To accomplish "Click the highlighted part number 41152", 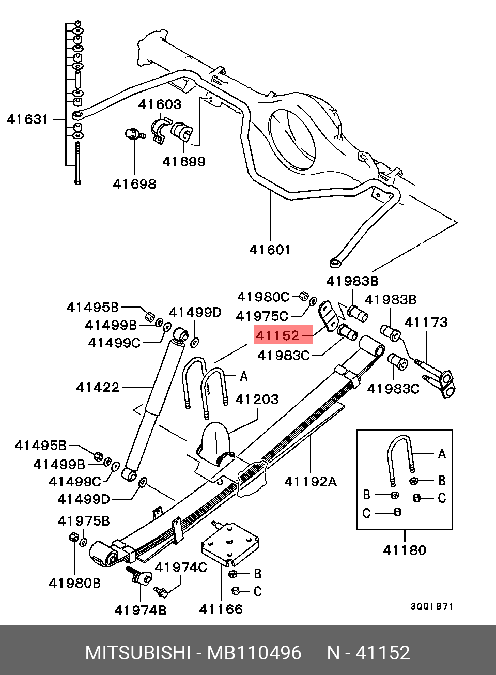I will tap(278, 335).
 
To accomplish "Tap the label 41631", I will tap(28, 119).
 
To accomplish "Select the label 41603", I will tap(160, 104).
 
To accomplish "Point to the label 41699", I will tap(184, 162).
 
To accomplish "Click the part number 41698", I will tap(134, 184).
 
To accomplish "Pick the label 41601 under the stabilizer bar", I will tap(270, 250).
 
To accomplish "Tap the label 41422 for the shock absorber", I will tap(98, 387).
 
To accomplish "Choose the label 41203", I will tap(257, 400).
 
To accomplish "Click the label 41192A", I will tap(311, 482).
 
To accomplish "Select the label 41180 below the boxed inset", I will tap(405, 550).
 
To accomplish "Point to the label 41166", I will tap(221, 610).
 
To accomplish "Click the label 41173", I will tap(426, 323).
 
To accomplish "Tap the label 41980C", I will tap(263, 297).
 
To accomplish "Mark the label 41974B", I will tap(141, 610).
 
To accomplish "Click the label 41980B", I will tap(75, 584).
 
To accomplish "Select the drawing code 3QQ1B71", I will tap(432, 607).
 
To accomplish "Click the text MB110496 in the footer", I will tap(254, 653).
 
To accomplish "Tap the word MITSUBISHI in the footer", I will tap(137, 653).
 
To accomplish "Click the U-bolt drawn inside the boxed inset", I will tap(399, 457).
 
